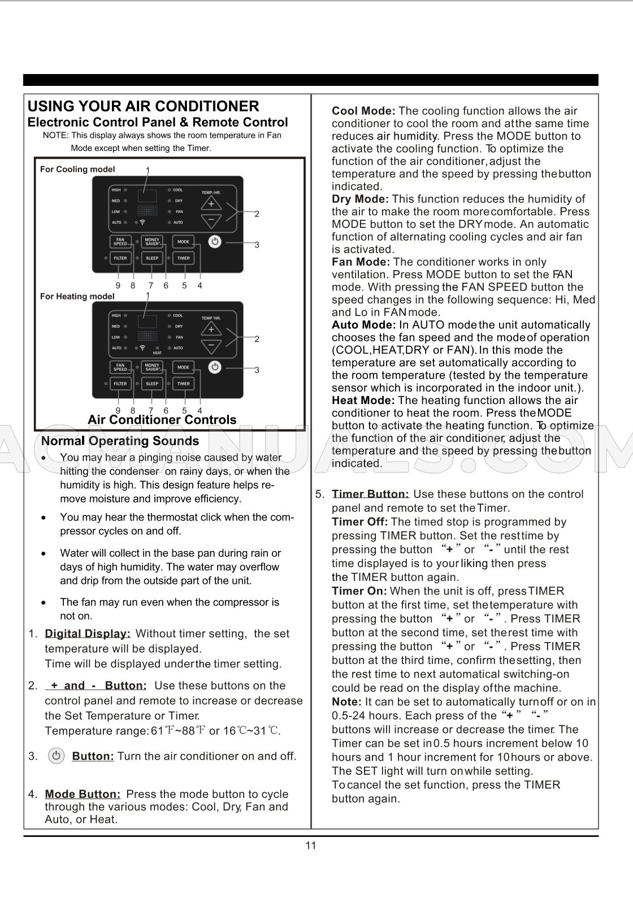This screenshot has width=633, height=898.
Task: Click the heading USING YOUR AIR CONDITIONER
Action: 143,106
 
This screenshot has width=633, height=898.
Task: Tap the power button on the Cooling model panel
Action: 215,242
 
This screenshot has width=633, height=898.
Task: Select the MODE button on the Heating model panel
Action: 184,367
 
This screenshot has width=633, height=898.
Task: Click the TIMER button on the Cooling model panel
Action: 184,258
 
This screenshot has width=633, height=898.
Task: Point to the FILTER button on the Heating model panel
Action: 120,384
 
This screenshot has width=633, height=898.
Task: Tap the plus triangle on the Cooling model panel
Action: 211,203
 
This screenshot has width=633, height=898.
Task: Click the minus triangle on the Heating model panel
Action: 211,345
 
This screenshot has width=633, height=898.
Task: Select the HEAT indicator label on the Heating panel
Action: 157,353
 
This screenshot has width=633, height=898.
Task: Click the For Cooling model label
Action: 77,170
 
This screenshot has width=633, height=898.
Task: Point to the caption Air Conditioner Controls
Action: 162,420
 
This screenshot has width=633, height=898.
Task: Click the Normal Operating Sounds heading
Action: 120,441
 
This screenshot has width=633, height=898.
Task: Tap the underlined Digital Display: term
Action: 88,634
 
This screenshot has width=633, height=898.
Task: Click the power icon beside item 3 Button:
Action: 56,756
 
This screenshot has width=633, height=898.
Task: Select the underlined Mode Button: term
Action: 83,794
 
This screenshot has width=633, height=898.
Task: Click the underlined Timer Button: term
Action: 370,494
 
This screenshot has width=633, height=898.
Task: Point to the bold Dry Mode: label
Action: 360,199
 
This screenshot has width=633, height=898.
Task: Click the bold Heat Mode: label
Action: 363,400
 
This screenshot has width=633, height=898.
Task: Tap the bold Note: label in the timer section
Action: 346,702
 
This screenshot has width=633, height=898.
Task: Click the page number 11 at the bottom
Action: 311,845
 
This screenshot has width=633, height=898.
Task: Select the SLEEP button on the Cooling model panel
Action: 152,258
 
